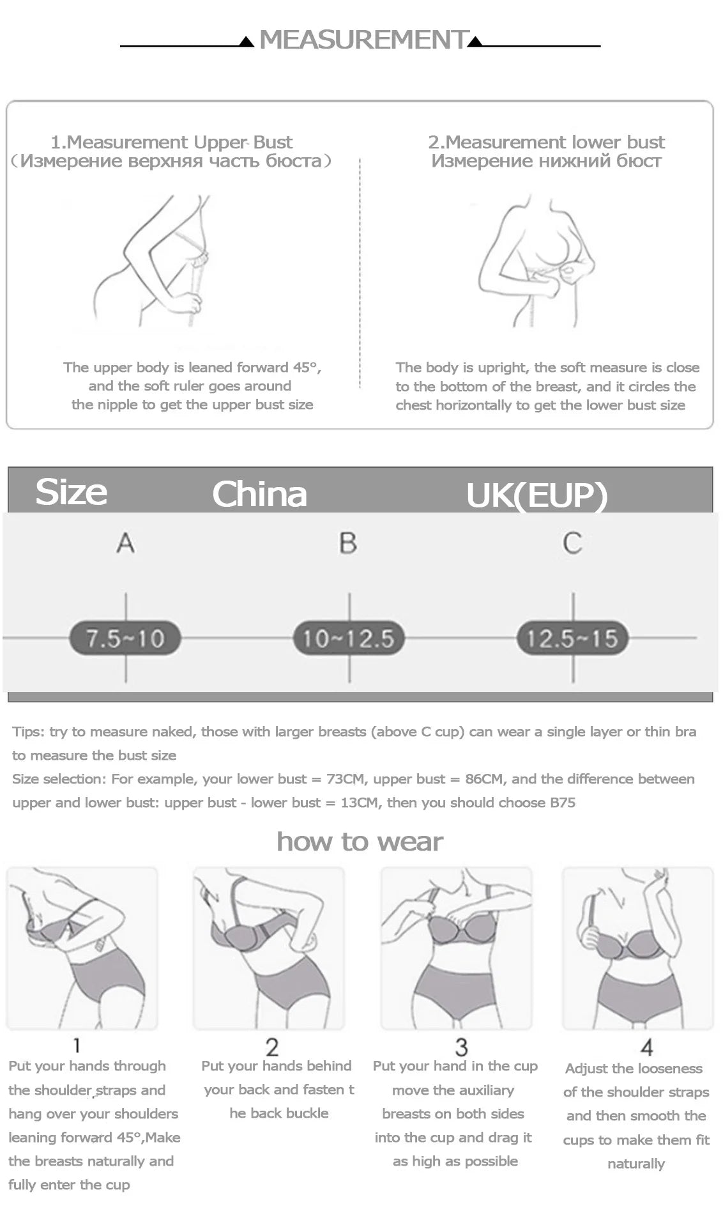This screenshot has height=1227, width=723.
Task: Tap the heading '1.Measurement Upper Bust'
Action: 171,142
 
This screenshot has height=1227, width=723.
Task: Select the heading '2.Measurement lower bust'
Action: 546,142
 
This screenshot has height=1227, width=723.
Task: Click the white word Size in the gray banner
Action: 71,492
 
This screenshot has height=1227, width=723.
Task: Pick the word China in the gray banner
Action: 259,494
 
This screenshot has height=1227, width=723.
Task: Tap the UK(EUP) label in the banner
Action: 537,495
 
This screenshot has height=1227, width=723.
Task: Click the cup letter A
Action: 126,543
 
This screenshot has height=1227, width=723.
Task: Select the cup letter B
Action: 348,543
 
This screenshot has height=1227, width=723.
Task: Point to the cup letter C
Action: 572,543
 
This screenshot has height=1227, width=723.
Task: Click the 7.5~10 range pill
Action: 125,638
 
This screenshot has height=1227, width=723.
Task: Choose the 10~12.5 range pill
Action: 348,638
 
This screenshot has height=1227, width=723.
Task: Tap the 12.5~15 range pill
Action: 572,638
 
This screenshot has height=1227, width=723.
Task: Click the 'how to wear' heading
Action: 360,842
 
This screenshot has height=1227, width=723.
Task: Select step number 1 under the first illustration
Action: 77,1046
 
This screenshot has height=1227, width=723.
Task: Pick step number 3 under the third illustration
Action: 461,1047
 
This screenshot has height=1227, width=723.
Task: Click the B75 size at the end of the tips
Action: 562,803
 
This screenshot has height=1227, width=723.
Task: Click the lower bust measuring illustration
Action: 537,262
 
